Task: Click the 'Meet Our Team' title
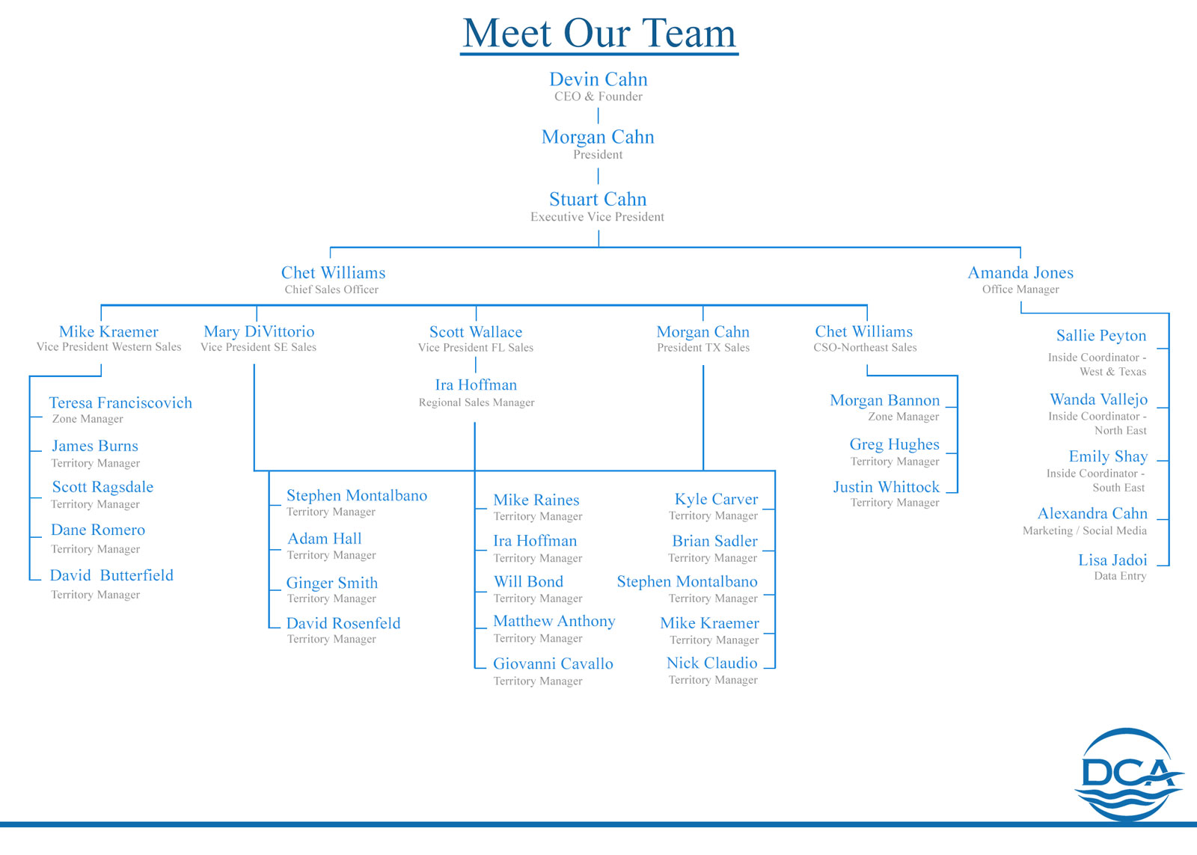(598, 34)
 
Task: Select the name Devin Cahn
(598, 79)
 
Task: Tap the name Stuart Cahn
(598, 199)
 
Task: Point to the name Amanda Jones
(1020, 273)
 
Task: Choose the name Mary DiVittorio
(259, 331)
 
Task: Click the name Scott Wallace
(476, 332)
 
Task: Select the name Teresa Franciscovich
(120, 403)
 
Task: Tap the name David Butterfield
(111, 575)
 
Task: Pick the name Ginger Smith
(332, 583)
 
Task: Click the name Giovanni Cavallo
(553, 664)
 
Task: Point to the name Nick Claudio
(711, 663)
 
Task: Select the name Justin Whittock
(886, 487)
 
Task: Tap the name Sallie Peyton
(1101, 336)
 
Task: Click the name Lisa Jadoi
(1112, 560)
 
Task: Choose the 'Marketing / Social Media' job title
(1085, 530)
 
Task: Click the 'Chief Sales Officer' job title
(331, 289)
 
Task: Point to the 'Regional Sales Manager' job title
(477, 402)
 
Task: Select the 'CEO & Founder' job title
(598, 96)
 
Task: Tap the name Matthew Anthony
(554, 621)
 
